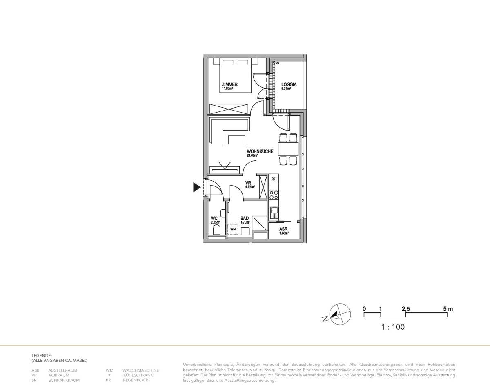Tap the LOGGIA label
coord(289,85)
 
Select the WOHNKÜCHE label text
coord(257,151)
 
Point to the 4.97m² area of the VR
coord(250,187)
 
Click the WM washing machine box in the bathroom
coord(233,229)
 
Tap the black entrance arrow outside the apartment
coord(197,187)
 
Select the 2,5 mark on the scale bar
coord(405,309)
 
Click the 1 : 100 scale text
coord(393,327)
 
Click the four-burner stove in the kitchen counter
coord(274,195)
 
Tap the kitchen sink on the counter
coord(274,211)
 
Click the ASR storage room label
coord(283,229)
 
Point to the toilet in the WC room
coord(217,231)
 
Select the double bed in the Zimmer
coord(235,75)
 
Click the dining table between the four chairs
coord(288,148)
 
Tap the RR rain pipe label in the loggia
coord(277,64)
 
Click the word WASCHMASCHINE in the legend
coord(140,370)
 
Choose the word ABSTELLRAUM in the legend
coord(62,370)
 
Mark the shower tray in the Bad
coord(259,223)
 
